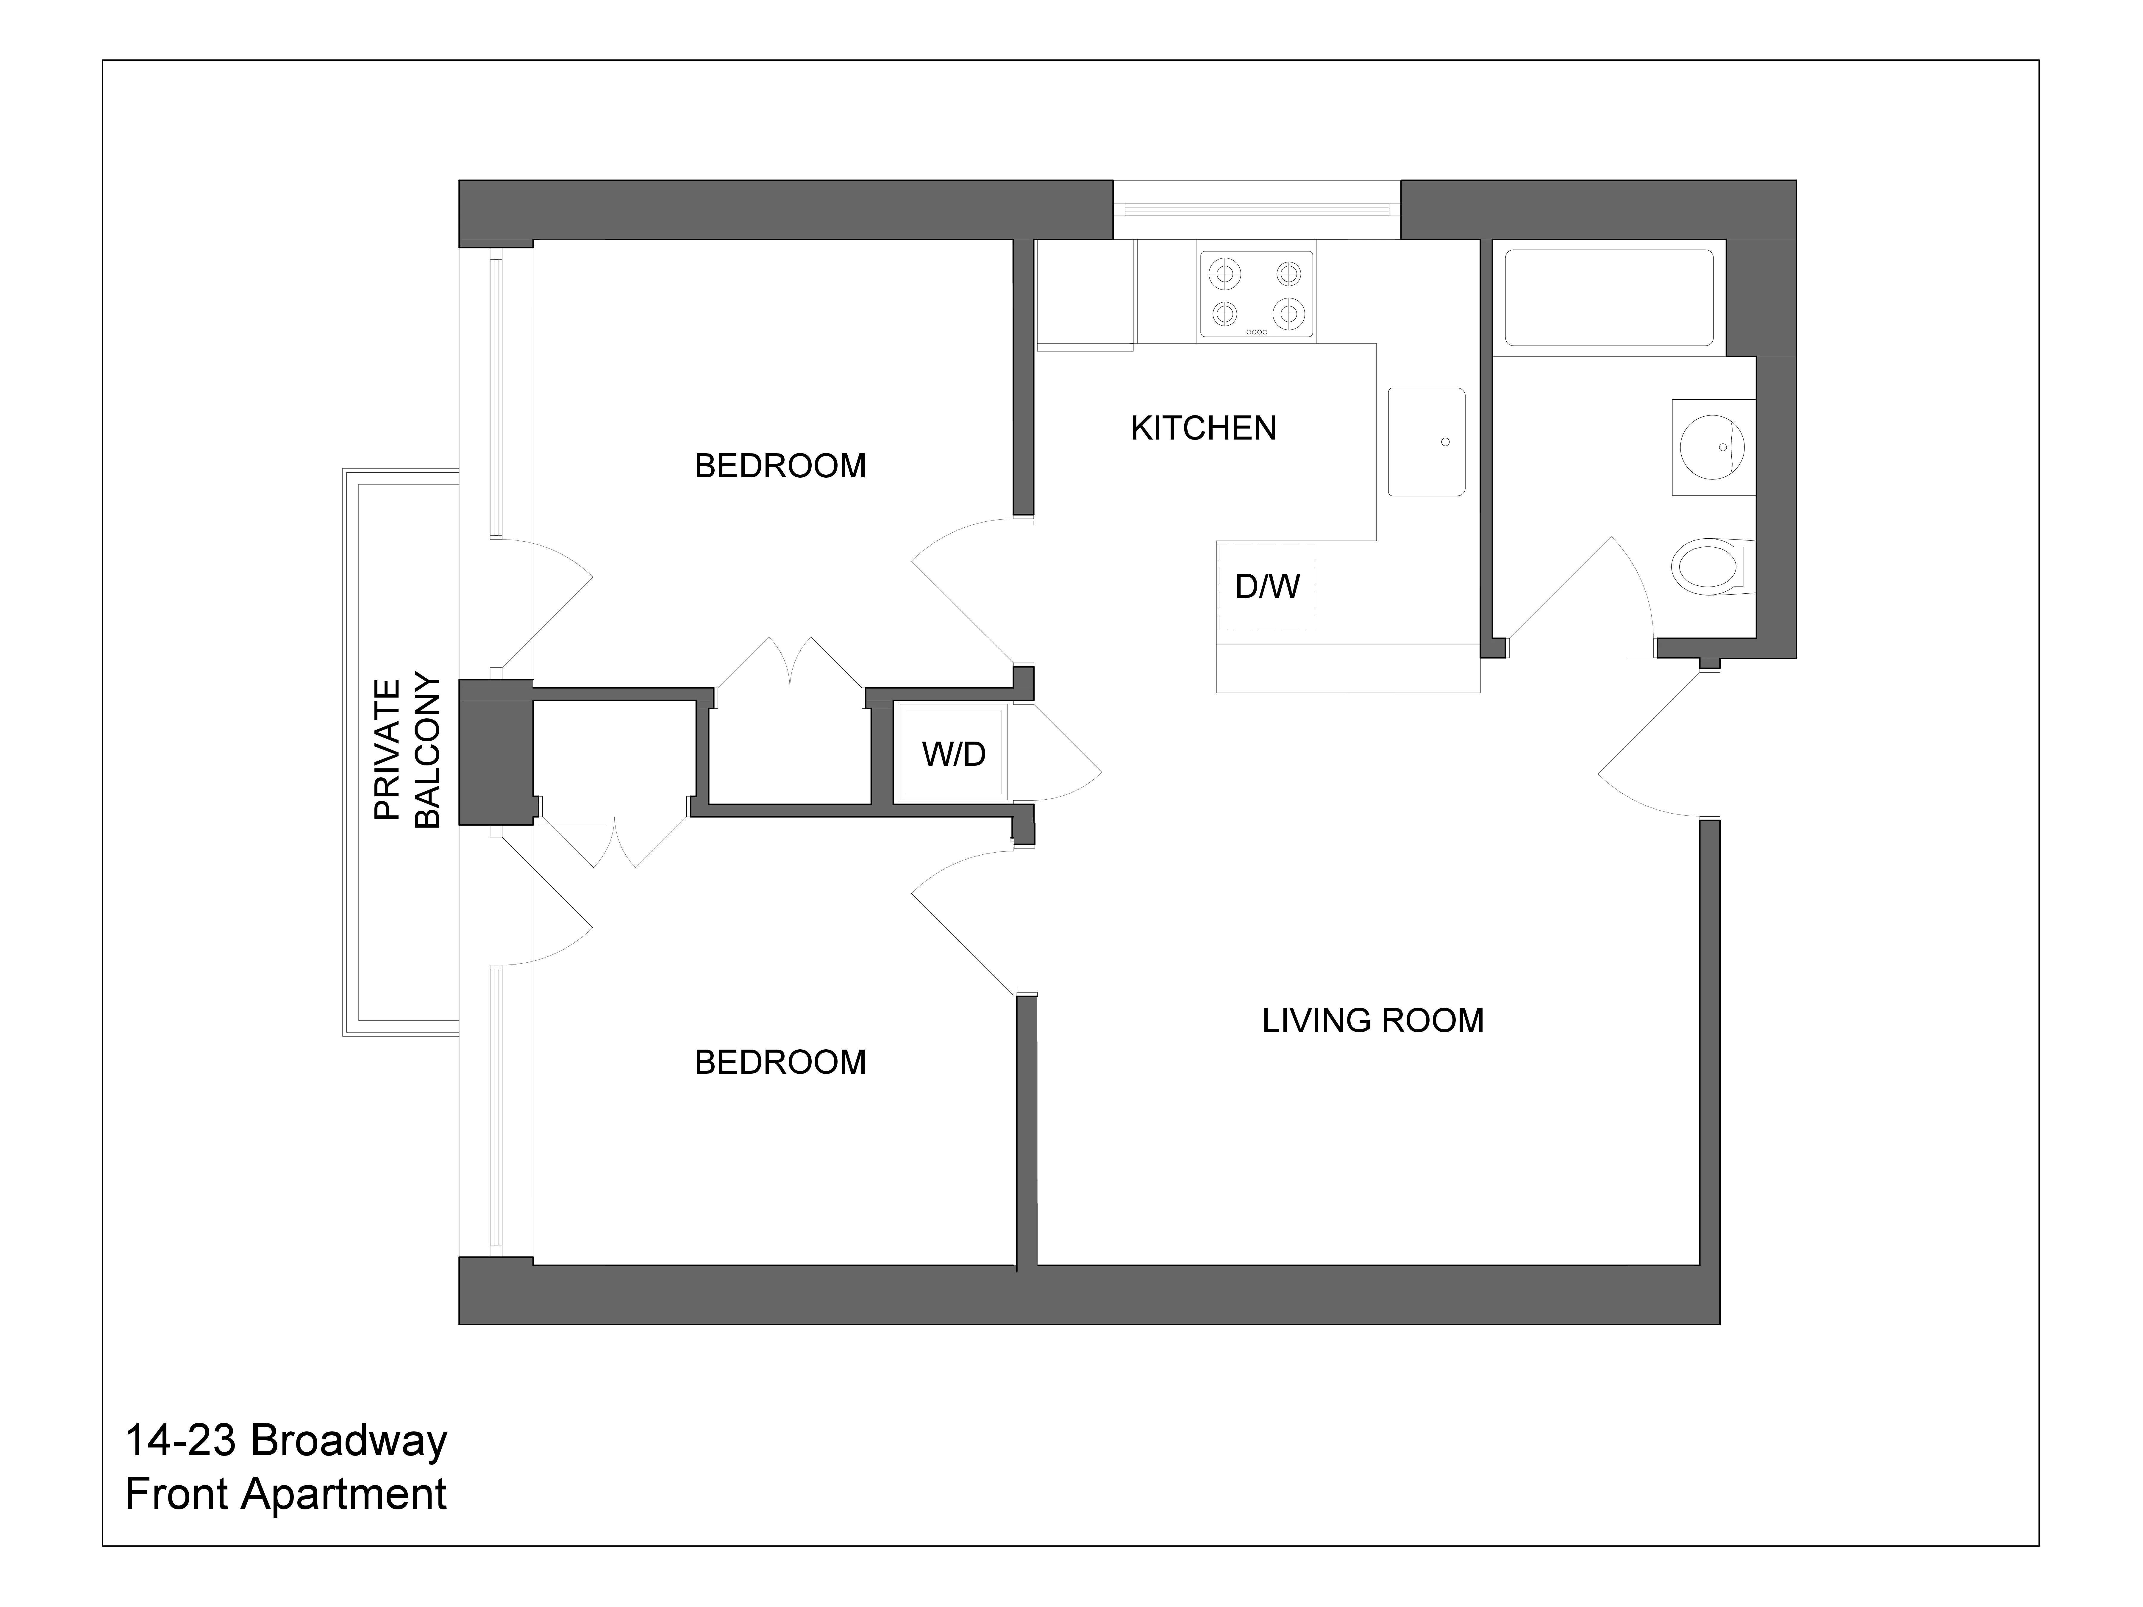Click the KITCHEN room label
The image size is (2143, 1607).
(1203, 428)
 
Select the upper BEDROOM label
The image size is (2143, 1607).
(780, 466)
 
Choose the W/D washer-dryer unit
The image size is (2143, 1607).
(953, 753)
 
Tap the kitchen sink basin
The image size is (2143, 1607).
(1426, 442)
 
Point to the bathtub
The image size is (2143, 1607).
(1608, 297)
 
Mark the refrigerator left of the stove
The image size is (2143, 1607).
(1085, 293)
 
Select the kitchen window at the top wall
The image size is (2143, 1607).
(1257, 208)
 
